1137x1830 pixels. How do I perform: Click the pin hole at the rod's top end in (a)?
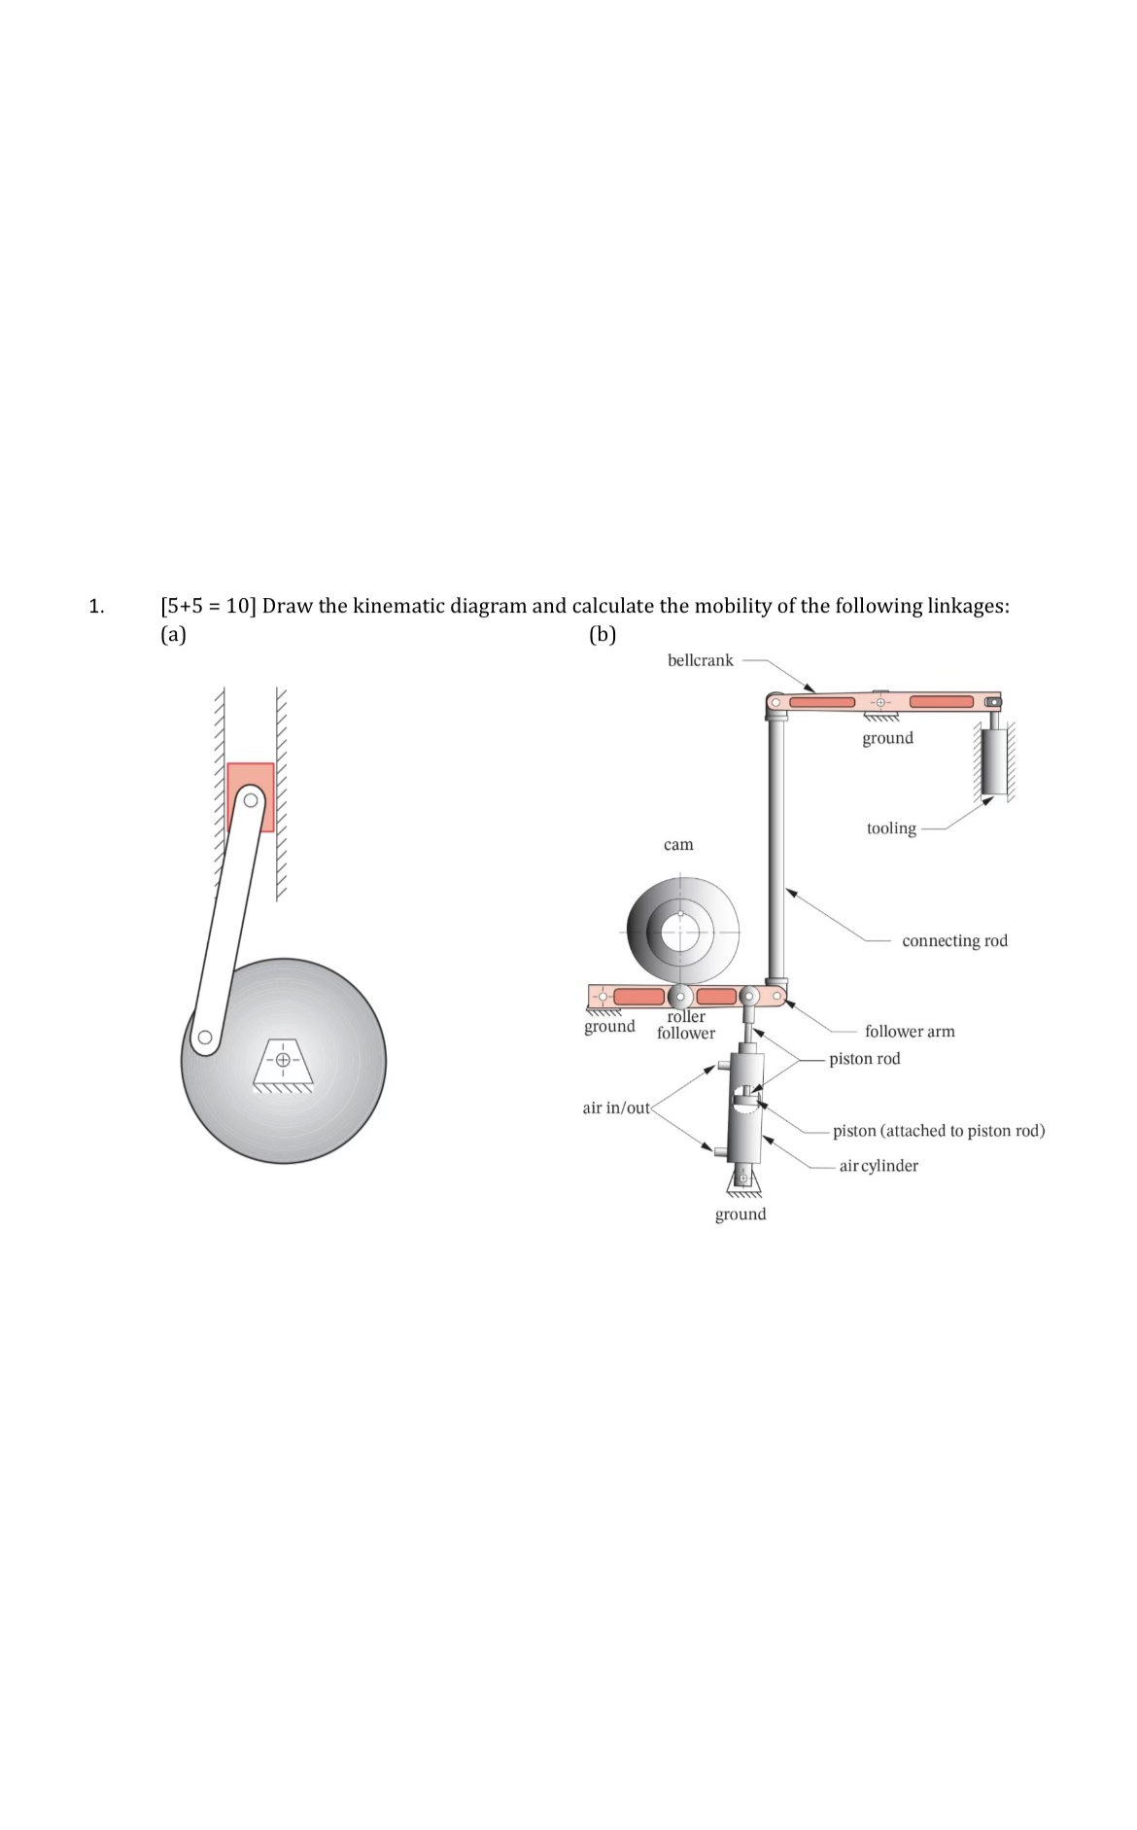pos(252,801)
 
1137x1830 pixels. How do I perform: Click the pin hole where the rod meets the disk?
pos(204,1038)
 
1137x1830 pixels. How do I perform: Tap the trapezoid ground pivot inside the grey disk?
pos(283,1060)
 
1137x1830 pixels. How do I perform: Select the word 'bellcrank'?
pos(700,660)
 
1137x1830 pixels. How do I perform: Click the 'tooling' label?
pos(891,828)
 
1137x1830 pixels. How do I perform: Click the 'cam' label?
pos(678,845)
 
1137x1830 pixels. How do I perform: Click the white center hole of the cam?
pos(680,932)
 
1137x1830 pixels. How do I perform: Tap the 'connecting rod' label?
pos(954,940)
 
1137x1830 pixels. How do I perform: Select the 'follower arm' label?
pos(910,1031)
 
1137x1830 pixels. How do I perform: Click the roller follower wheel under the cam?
pos(681,996)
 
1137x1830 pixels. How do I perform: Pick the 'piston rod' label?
pos(864,1058)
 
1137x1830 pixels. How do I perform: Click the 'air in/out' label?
pos(616,1108)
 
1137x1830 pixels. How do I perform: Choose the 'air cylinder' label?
pos(879,1165)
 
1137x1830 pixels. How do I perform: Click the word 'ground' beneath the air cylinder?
pos(741,1214)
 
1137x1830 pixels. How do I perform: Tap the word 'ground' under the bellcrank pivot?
pos(887,738)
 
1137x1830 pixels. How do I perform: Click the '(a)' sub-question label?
pos(173,635)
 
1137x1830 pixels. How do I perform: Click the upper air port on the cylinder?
pos(724,1067)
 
